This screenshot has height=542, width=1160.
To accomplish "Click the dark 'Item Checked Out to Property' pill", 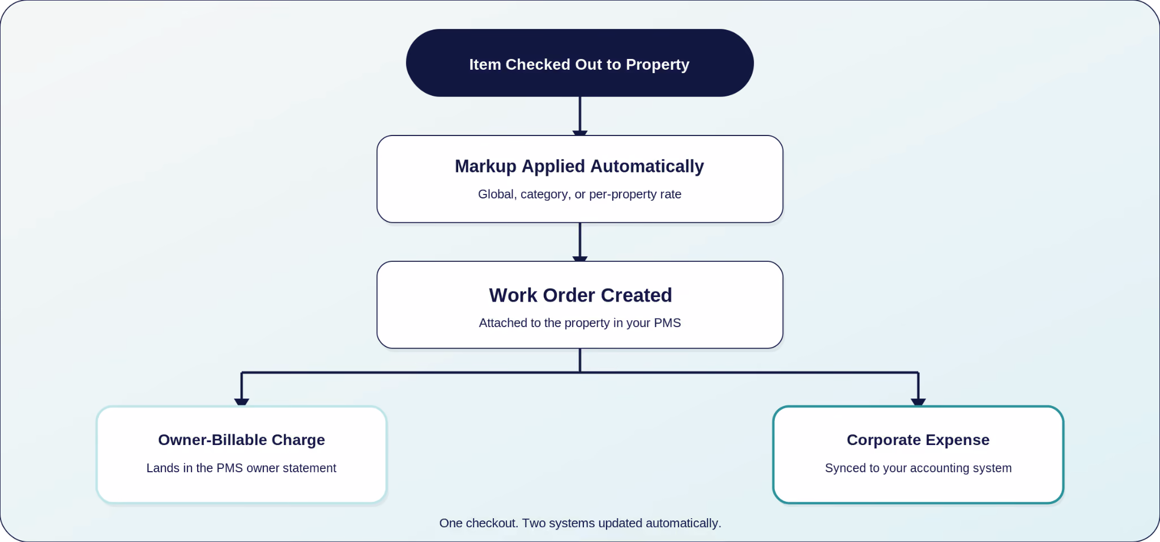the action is point(579,63).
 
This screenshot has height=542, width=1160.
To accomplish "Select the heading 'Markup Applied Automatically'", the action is point(579,166).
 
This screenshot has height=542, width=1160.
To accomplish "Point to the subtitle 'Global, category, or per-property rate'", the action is point(579,194).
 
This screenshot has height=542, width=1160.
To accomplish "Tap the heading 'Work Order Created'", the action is point(580,295).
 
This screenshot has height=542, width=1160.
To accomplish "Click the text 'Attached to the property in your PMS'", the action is point(579,323).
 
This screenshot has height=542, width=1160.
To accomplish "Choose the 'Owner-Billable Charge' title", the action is point(241,440).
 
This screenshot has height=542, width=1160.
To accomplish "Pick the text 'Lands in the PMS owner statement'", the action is point(241,468).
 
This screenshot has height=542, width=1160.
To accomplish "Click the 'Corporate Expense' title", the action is point(918,440).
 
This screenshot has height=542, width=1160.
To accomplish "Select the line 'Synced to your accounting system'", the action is point(918,468).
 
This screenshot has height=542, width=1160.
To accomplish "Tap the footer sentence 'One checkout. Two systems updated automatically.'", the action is point(580,523).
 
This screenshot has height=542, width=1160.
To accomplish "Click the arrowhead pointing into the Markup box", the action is point(580,133).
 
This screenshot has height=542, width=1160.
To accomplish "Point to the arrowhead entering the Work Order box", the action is point(580,259).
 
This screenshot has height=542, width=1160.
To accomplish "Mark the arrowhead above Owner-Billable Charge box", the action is point(242,403).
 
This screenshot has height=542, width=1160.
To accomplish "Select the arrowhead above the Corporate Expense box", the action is point(918,403).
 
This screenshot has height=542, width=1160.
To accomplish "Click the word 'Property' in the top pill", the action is point(658,65).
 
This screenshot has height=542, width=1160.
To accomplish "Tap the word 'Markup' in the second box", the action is point(486,167).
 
